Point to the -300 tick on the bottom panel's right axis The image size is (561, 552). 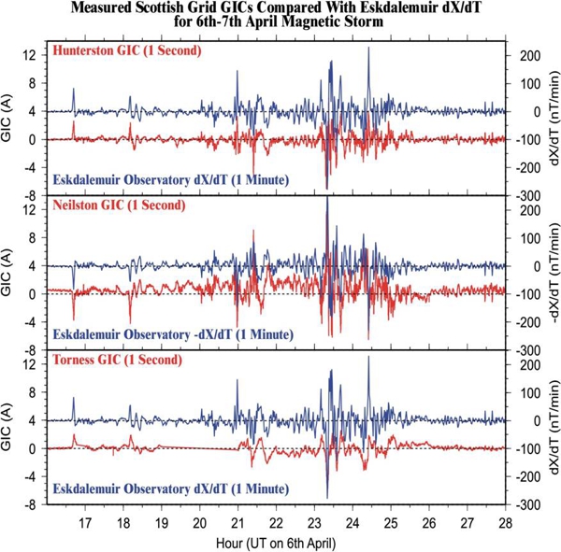pos(525,505)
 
